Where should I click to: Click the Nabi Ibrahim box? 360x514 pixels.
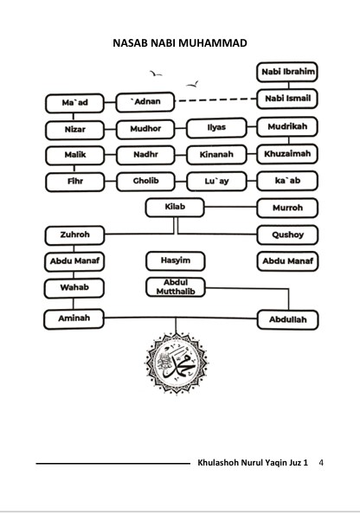tap(287, 72)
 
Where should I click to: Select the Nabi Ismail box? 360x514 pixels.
tap(287, 99)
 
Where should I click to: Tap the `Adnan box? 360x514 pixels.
tap(145, 102)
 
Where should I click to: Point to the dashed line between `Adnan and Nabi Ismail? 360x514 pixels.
tap(215, 100)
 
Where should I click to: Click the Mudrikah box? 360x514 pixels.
tap(287, 126)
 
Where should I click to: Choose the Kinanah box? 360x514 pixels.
tap(216, 154)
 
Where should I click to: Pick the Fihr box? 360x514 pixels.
tap(75, 182)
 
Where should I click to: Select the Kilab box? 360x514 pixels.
tap(175, 207)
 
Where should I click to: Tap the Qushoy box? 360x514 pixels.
tap(287, 235)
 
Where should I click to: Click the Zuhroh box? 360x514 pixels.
tap(74, 235)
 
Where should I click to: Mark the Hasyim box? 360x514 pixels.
tap(176, 261)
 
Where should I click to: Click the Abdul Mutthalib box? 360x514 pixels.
tap(176, 287)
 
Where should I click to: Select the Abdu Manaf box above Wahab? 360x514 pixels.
tap(74, 261)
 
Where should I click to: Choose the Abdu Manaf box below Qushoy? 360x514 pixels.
tap(287, 261)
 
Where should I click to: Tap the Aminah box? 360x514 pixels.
tap(74, 318)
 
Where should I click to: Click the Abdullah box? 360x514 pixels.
tap(287, 319)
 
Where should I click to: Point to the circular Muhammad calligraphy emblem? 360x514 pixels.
tap(176, 363)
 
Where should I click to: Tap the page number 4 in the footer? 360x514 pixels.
tap(321, 463)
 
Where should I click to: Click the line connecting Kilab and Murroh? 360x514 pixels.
tap(230, 207)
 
